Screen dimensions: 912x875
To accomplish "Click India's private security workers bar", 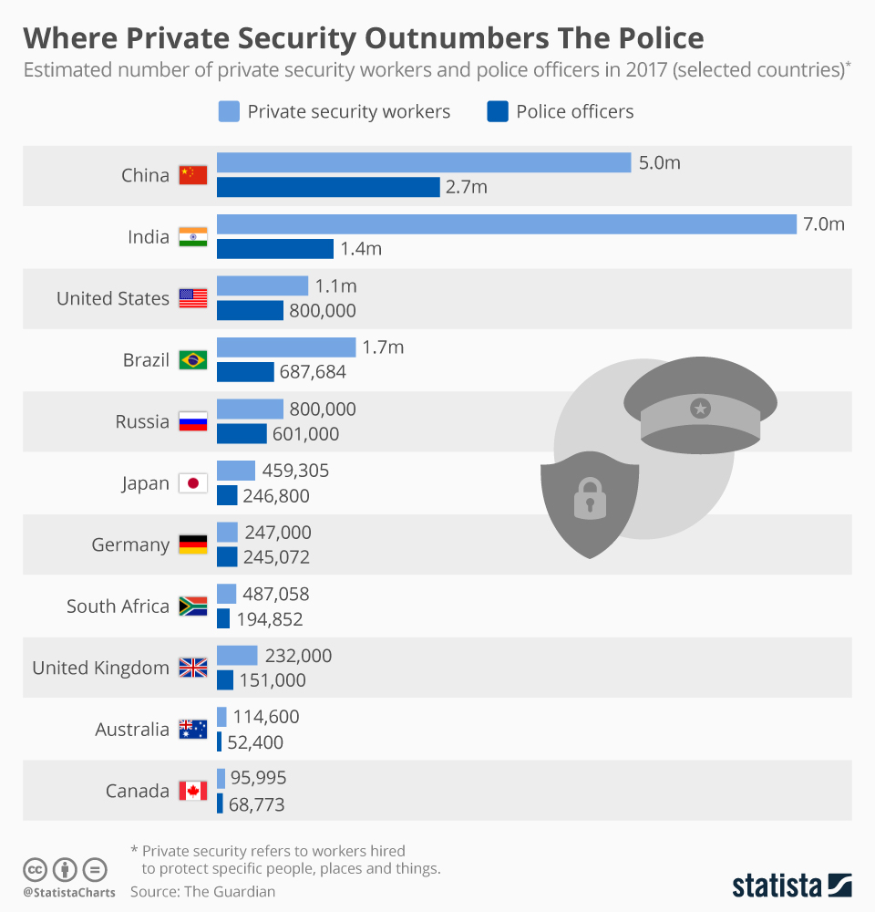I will (x=507, y=224).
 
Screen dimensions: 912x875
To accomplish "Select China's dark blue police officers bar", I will (x=328, y=187).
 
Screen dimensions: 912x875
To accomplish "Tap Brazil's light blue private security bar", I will (x=286, y=347).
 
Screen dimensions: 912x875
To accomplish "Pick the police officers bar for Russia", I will (x=242, y=434).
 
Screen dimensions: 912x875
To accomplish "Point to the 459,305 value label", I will (x=296, y=472).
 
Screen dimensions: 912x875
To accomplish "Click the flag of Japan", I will (x=192, y=483).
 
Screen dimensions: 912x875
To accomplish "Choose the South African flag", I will (x=192, y=606).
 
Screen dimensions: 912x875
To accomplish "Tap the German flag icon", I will (x=192, y=544).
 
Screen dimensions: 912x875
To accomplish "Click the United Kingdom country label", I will (x=101, y=668).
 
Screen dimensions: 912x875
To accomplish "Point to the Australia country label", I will (x=132, y=730).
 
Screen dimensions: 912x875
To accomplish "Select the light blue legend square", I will (x=229, y=112).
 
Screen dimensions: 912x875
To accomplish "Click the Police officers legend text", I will (x=574, y=112).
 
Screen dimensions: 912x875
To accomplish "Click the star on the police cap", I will (x=700, y=408).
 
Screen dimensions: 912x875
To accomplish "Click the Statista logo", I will (x=792, y=885).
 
